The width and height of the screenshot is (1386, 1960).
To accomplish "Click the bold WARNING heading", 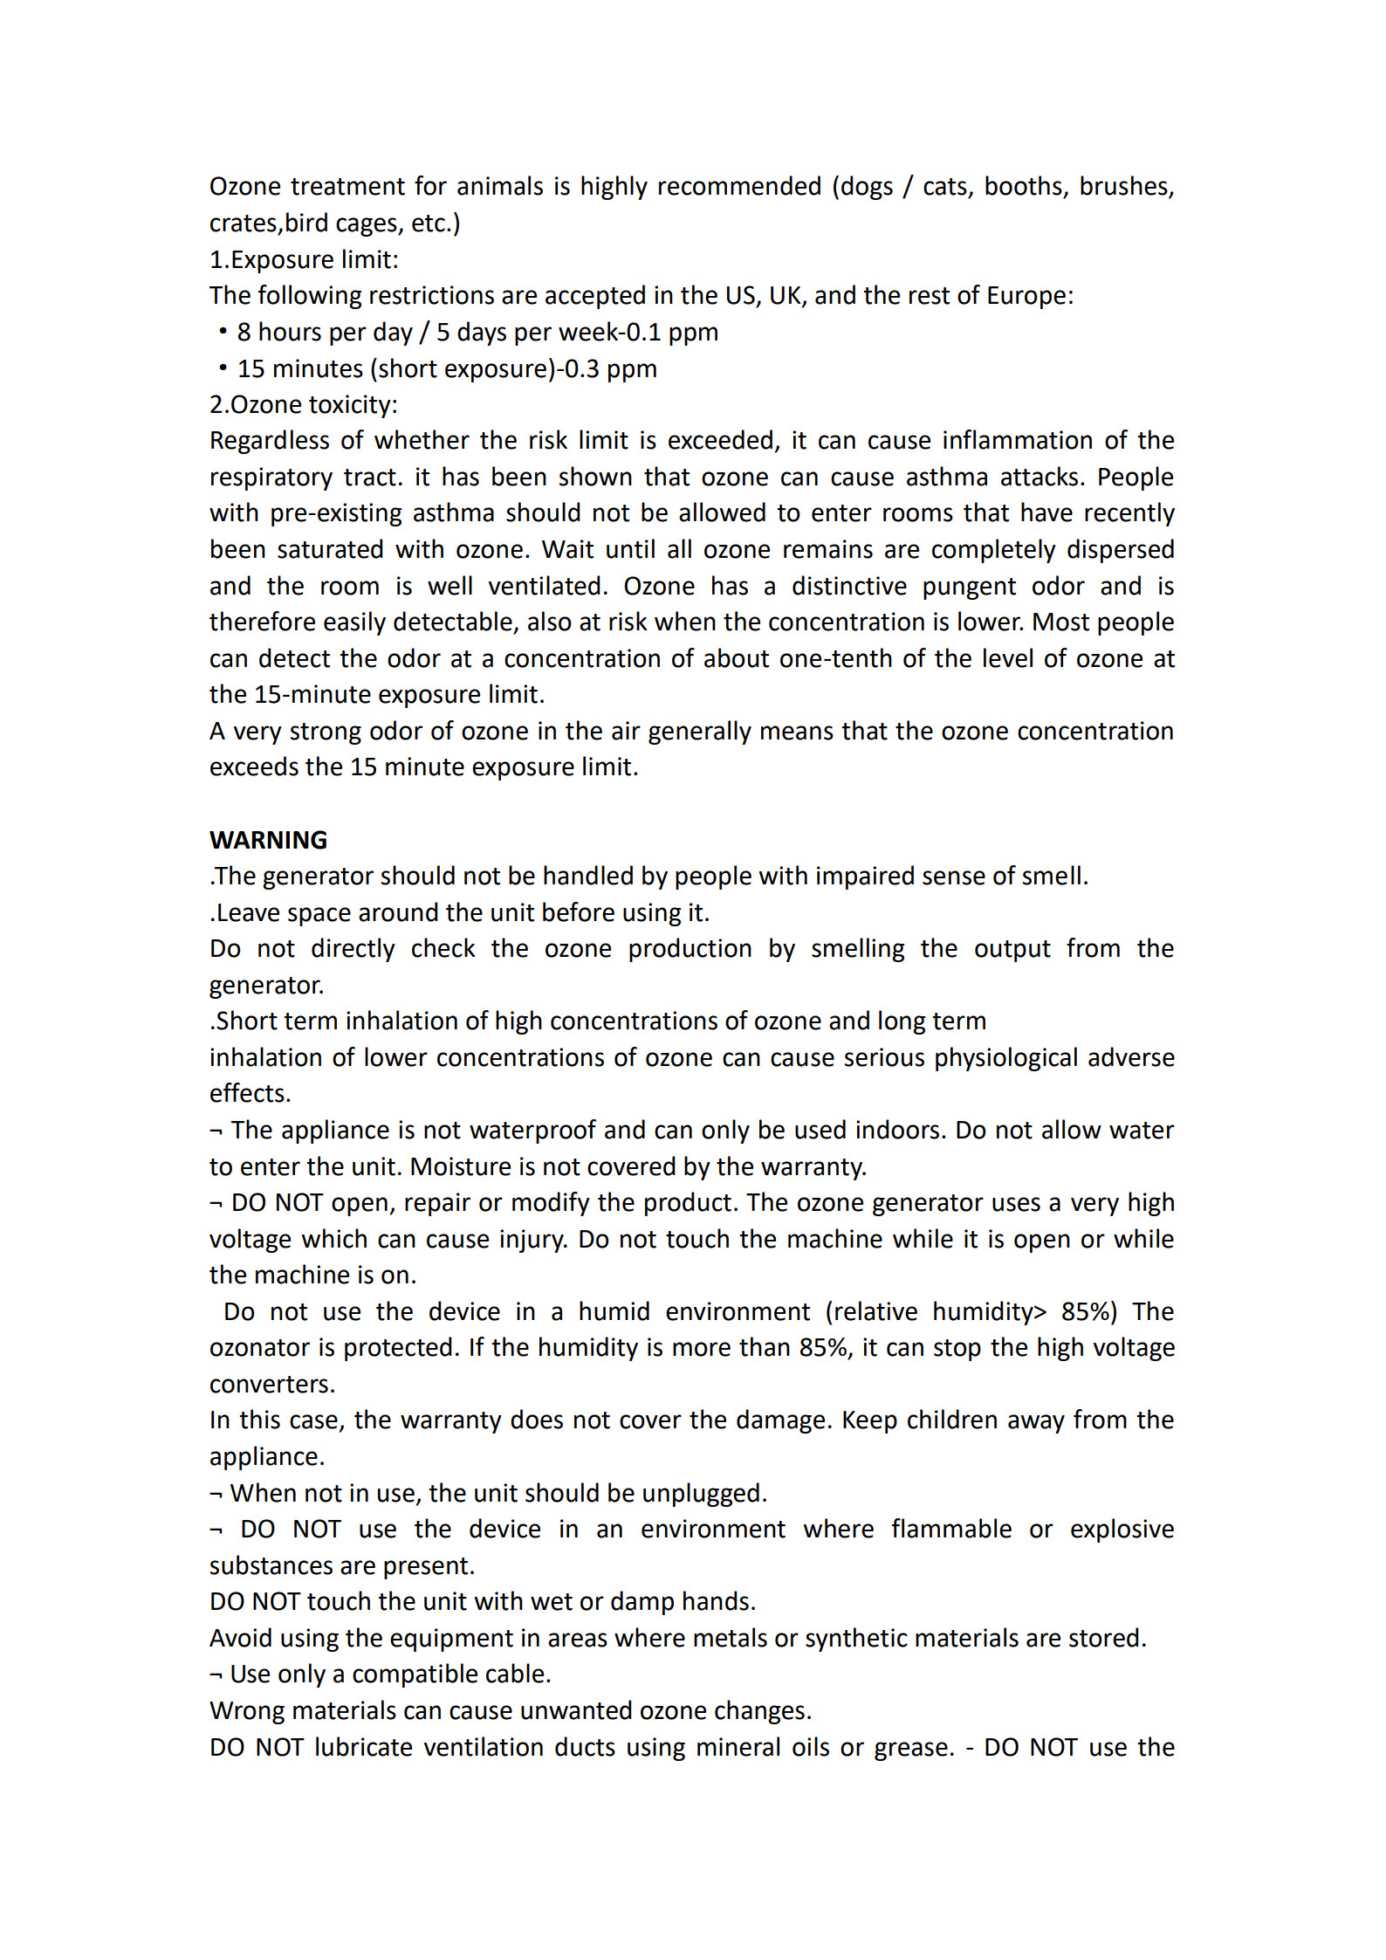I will point(268,840).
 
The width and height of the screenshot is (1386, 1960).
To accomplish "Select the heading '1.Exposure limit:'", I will point(304,259).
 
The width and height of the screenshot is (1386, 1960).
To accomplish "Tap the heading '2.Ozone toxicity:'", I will point(304,404).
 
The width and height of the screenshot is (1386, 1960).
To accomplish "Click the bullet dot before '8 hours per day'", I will point(223,332).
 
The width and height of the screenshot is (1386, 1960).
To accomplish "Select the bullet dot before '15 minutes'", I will point(223,368).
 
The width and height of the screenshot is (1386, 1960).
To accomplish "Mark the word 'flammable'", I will point(951,1530).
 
